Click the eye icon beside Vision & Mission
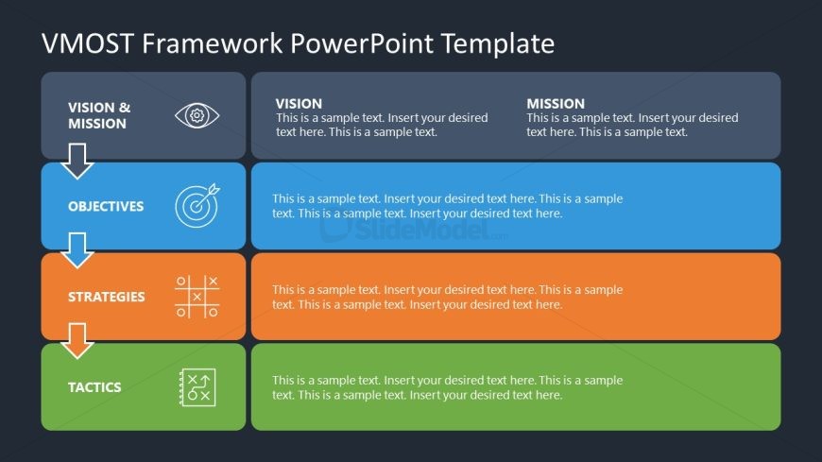(197, 115)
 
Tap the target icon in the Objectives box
(197, 205)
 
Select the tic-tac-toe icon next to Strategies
(197, 296)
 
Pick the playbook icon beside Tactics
(197, 387)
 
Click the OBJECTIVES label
(106, 206)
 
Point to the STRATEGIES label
(106, 297)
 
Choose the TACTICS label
(94, 387)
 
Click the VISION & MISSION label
(99, 115)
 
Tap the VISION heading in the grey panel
(299, 104)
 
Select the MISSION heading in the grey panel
(556, 104)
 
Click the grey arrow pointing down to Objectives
(77, 161)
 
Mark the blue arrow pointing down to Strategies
(77, 250)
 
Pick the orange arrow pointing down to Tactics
(77, 340)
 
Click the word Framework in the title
(211, 43)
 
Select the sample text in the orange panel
(448, 297)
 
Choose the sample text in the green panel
(448, 387)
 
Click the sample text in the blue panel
(448, 206)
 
